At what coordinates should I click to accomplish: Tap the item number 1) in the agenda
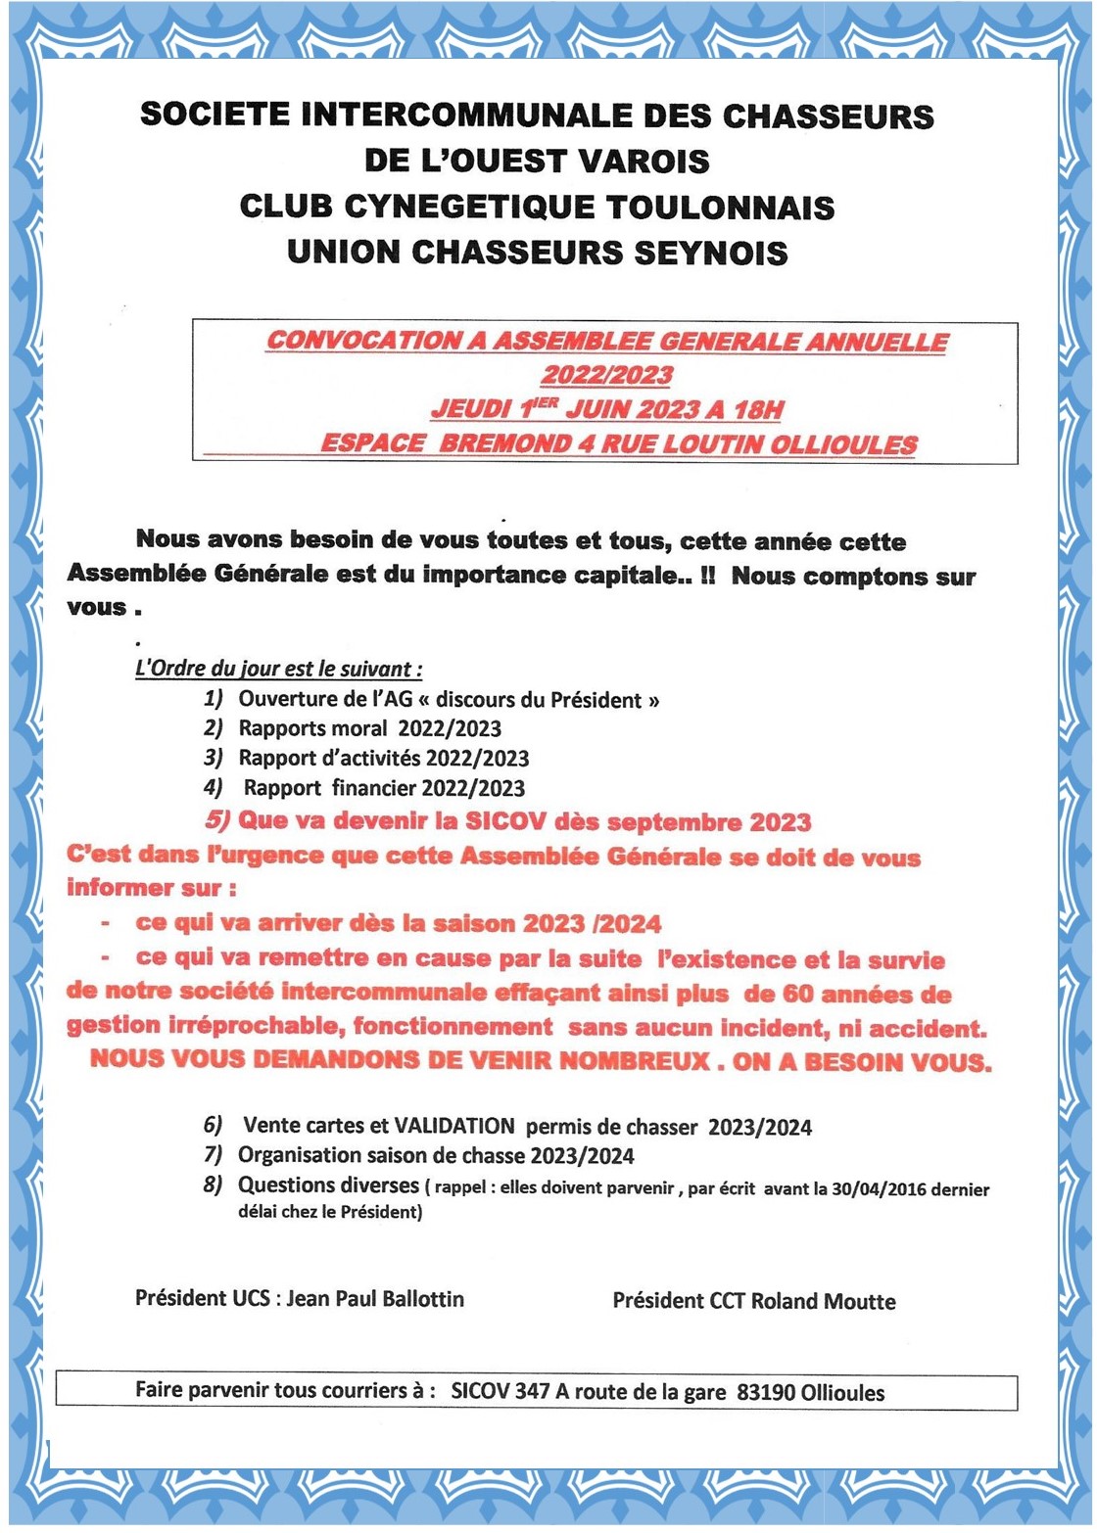tap(214, 699)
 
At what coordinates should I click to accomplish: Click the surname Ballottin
tap(416, 1299)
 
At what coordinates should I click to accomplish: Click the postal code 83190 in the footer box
tap(766, 1392)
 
